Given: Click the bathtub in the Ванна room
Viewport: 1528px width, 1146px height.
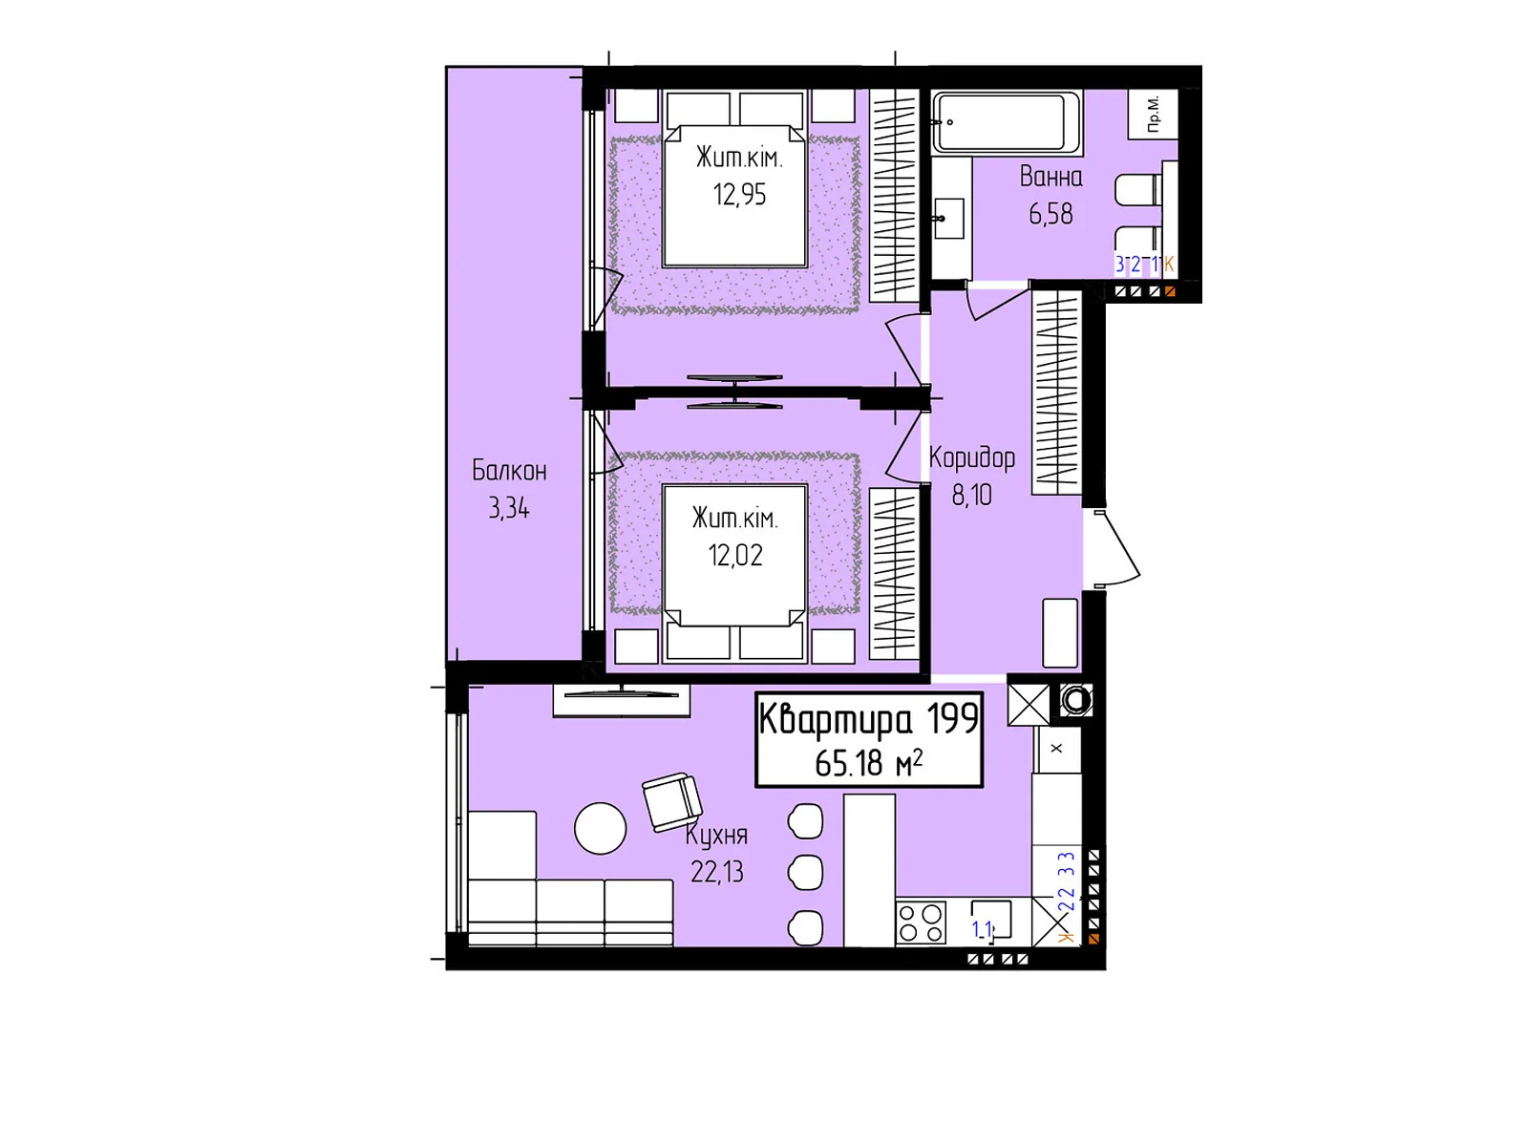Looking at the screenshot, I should click(1006, 121).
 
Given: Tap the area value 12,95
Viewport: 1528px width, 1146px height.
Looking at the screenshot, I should click(739, 195).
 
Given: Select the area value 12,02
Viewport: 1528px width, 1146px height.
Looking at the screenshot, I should click(735, 556).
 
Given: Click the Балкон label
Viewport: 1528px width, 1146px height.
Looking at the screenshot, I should click(509, 470).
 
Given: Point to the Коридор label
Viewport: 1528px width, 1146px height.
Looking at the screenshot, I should click(972, 458).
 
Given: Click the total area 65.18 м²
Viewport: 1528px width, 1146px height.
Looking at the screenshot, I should click(868, 763).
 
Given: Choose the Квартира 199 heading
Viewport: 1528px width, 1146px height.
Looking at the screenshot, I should click(868, 719).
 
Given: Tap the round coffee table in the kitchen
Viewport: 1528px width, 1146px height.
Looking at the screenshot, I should click(600, 828).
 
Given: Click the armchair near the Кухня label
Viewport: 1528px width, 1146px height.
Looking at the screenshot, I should click(672, 801).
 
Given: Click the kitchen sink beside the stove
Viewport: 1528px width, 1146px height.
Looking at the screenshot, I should click(991, 920).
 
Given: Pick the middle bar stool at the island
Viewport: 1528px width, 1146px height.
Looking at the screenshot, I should click(805, 872).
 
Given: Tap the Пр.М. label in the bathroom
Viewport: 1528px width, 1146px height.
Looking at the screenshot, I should click(1153, 115).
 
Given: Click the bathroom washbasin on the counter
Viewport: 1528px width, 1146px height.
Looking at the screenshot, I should click(948, 219).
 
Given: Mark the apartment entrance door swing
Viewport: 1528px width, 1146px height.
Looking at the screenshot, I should click(1115, 548).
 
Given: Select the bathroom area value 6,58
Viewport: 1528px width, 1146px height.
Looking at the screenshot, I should click(1050, 214).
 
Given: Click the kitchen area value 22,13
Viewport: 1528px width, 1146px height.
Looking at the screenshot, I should click(717, 872).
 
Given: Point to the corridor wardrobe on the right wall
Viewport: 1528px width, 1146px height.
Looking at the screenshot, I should click(1055, 393).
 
